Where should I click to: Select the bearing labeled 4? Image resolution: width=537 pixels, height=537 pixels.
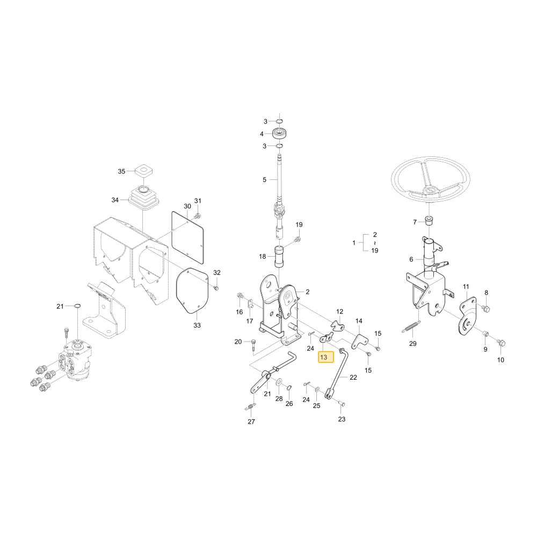coord(279,133)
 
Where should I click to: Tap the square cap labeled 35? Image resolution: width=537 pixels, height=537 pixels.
coord(143,171)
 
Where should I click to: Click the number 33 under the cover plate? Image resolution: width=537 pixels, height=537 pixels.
coord(197,325)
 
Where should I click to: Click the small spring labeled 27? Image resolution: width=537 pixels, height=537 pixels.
coord(251,407)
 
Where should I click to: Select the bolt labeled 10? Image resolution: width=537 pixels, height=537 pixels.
coord(502,343)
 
